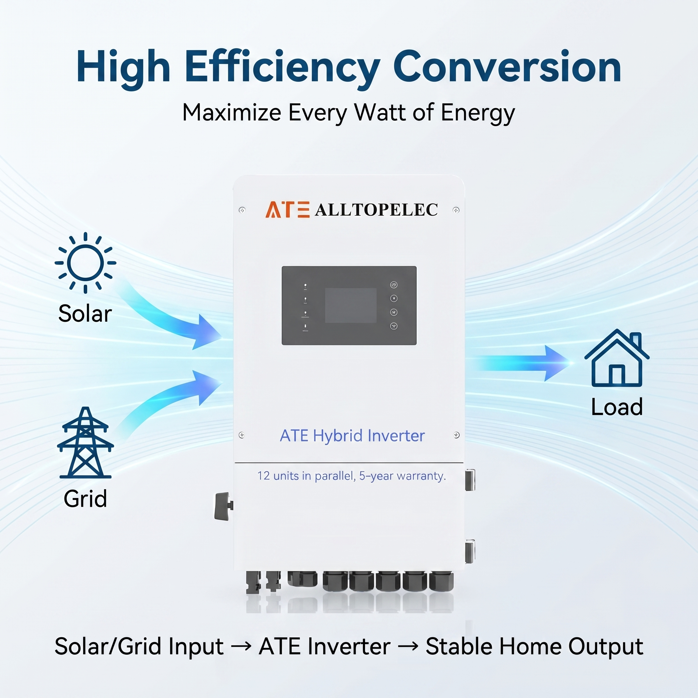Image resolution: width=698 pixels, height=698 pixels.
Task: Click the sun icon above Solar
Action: pyautogui.click(x=85, y=263)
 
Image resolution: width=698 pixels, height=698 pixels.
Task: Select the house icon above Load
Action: pyautogui.click(x=617, y=358)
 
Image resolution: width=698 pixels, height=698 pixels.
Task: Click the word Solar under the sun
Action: pyautogui.click(x=85, y=313)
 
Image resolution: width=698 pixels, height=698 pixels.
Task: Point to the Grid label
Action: pyautogui.click(x=85, y=499)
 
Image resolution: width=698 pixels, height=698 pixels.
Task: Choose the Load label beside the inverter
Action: pyautogui.click(x=617, y=407)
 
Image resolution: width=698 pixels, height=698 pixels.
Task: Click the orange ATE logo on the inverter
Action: pyautogui.click(x=287, y=210)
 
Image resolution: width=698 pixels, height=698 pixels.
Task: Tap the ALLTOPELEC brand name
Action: pyautogui.click(x=376, y=210)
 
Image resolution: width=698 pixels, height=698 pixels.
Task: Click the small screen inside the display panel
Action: pyautogui.click(x=351, y=305)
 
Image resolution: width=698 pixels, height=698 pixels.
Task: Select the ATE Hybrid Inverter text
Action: pyautogui.click(x=352, y=435)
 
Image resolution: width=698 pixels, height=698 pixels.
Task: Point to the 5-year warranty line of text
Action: pyautogui.click(x=351, y=476)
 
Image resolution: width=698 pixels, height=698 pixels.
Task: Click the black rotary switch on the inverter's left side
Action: pyautogui.click(x=223, y=506)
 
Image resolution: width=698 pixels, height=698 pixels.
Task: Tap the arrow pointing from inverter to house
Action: pyautogui.click(x=520, y=363)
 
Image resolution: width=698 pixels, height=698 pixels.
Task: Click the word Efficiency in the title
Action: pyautogui.click(x=282, y=68)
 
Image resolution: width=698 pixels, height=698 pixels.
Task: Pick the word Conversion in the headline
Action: pyautogui.click(x=507, y=67)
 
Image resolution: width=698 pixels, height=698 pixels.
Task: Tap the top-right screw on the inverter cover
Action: pyautogui.click(x=456, y=210)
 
